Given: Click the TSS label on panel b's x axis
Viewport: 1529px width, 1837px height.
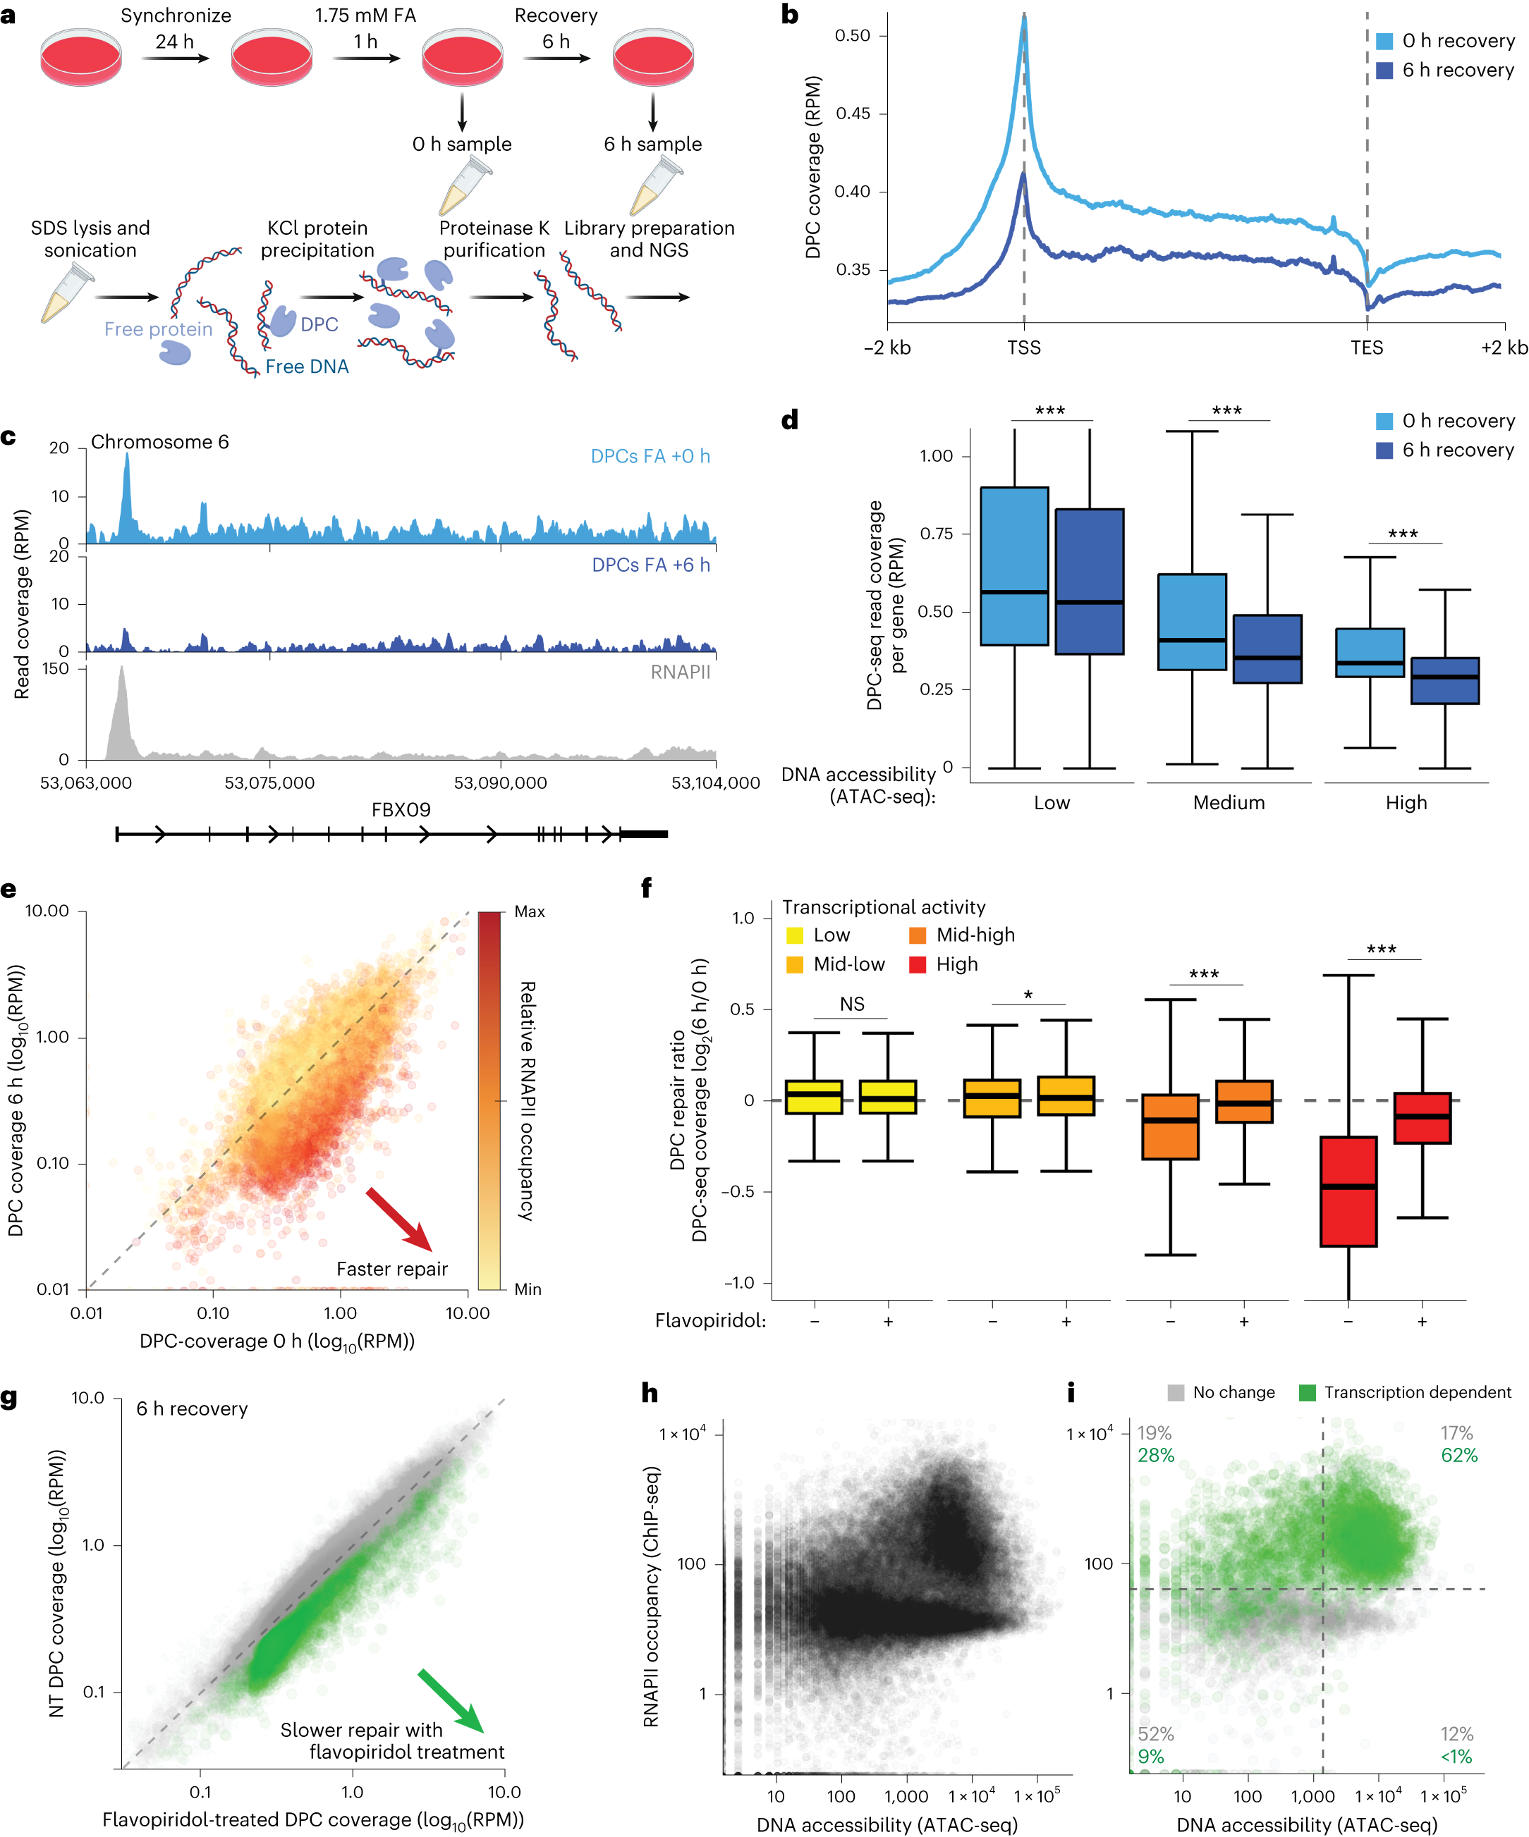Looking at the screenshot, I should pos(1023,348).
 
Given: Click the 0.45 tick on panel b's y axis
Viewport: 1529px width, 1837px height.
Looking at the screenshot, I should pos(853,113).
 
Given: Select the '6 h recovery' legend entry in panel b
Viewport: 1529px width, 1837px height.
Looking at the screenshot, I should pos(1457,70).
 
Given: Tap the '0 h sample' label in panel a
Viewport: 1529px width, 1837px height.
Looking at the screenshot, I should pos(461,144).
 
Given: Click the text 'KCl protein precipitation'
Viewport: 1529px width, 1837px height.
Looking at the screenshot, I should pos(317,239).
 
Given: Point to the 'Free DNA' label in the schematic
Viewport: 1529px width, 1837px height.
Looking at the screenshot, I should pos(306,367).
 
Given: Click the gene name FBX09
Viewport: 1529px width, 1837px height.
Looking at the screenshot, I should pos(401,810).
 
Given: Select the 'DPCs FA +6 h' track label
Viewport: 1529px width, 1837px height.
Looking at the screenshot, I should pos(650,565).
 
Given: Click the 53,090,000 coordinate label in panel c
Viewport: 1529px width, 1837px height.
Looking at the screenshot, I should pos(500,783).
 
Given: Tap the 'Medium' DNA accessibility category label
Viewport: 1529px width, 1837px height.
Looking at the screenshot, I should pos(1228,803).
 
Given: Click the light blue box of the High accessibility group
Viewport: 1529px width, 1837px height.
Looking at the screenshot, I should pos(1369,653).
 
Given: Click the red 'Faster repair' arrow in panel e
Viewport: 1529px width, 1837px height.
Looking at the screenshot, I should pos(398,1219).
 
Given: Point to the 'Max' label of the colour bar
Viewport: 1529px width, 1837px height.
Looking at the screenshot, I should pos(529,911).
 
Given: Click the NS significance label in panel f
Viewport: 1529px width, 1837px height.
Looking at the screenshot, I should pos(851,1004).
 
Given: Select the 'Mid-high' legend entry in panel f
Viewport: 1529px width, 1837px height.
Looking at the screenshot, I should pos(963,935).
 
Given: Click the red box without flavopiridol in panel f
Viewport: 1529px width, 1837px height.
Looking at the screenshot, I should pos(1348,1191).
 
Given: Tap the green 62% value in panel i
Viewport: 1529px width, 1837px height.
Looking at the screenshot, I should pos(1459,1455).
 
